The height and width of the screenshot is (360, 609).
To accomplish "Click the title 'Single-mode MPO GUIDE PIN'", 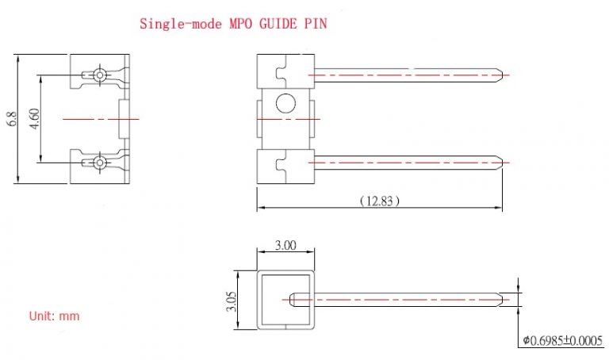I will [x=233, y=24].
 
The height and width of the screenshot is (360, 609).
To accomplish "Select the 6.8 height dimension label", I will [x=11, y=119].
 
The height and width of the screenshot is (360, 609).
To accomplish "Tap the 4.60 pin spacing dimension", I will [x=33, y=119].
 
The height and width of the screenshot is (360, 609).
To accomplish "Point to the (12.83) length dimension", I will [x=379, y=201].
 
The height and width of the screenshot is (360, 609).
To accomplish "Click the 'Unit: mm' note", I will [x=55, y=316].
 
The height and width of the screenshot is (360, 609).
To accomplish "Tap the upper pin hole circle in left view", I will [x=98, y=75].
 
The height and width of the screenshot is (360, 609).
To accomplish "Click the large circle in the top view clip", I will [x=284, y=102].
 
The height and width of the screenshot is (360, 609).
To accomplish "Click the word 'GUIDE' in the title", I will [x=272, y=24].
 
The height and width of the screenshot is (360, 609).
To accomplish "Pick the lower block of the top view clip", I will [x=284, y=167].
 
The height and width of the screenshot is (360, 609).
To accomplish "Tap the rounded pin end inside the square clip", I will [x=293, y=300].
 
